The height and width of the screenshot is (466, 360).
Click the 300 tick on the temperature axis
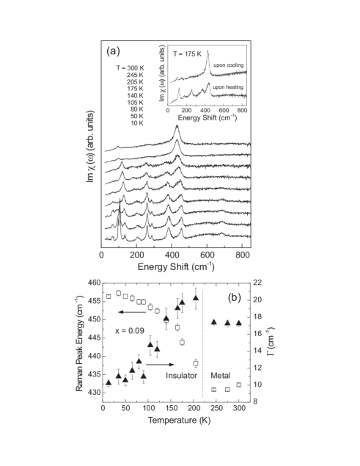(x=239, y=409)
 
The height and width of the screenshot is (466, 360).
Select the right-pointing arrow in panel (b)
(x=161, y=364)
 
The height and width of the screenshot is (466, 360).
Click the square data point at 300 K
(x=239, y=385)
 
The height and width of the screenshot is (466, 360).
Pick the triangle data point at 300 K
(x=239, y=323)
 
